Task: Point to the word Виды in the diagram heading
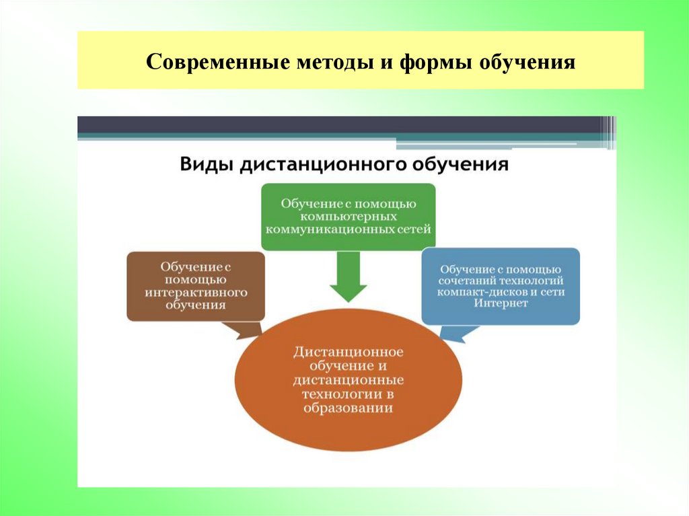coord(205,164)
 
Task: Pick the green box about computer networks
coord(348,216)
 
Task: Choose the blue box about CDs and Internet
coord(500,285)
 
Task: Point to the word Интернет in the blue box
coord(500,303)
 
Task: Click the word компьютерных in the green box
coord(349,217)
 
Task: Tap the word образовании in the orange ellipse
coord(348,408)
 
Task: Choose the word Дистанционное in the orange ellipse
coord(348,352)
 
